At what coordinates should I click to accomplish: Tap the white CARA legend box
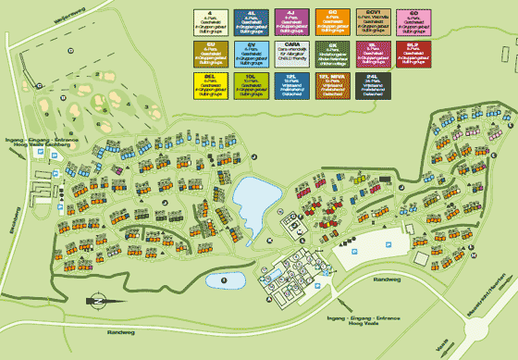(x=290, y=54)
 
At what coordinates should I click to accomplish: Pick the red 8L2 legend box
(x=413, y=54)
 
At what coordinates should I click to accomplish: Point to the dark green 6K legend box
(x=331, y=54)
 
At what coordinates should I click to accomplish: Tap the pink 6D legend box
(x=413, y=20)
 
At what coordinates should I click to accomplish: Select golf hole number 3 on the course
(x=145, y=106)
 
